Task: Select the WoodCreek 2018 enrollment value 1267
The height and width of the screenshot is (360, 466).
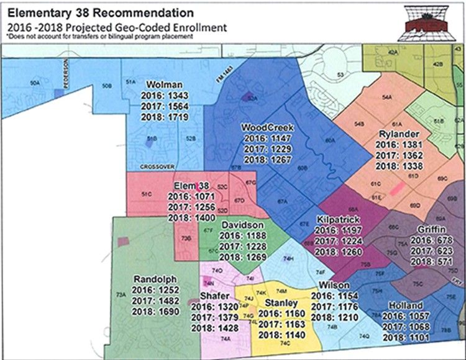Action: [267, 159]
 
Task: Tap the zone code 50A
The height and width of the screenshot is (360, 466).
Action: [35, 83]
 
